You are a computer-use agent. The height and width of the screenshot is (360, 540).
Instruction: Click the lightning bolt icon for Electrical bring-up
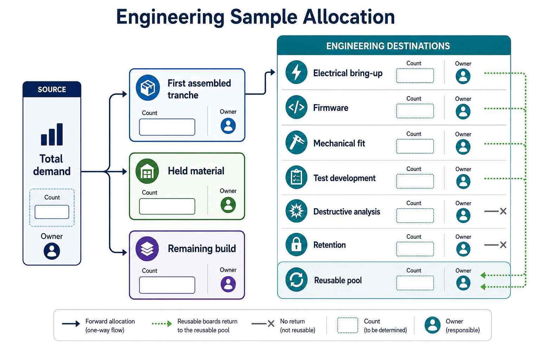(x=296, y=72)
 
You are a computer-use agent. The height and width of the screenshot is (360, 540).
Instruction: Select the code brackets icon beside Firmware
(x=296, y=107)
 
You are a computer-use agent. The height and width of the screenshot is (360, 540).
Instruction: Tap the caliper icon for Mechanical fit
(x=296, y=142)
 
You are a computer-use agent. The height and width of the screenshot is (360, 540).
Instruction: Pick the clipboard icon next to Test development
(x=296, y=178)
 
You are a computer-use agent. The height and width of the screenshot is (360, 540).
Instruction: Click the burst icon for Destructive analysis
(x=296, y=211)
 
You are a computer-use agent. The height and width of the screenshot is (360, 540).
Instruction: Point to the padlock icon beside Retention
(x=296, y=244)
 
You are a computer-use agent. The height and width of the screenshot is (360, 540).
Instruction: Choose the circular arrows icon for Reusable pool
(x=296, y=280)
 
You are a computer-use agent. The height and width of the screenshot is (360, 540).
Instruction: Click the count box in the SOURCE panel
(x=52, y=212)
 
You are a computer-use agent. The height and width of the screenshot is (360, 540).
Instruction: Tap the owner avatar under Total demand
(x=52, y=251)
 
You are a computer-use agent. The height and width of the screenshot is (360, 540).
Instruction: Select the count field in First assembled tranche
(x=167, y=127)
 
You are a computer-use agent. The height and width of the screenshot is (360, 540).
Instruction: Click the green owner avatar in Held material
(x=228, y=205)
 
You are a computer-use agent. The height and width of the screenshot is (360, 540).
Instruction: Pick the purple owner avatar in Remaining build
(x=228, y=284)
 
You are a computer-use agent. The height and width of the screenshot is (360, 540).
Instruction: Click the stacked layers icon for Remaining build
(x=147, y=249)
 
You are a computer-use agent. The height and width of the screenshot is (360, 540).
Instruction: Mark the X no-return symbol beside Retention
(x=503, y=245)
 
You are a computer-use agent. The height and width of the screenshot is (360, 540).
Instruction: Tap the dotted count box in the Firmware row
(x=415, y=111)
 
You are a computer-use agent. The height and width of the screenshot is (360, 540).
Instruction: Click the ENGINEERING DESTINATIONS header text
(x=388, y=46)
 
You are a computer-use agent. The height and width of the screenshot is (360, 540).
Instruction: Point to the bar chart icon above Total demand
(x=52, y=134)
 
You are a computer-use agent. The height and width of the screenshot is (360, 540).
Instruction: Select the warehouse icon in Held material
(x=147, y=171)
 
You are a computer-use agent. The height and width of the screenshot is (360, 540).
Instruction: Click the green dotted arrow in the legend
(x=162, y=323)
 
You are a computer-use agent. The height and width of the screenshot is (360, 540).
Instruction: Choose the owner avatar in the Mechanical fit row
(x=463, y=147)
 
